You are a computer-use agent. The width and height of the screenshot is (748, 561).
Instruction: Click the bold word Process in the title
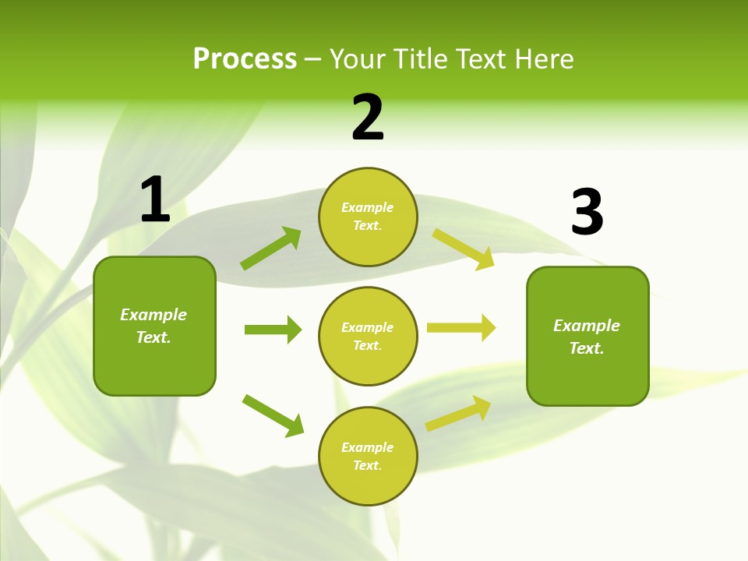[245, 59]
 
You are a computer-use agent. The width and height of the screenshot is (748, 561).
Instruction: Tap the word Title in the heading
[420, 59]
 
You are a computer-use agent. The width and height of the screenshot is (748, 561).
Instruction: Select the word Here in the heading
[544, 59]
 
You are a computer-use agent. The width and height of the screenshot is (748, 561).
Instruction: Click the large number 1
[155, 199]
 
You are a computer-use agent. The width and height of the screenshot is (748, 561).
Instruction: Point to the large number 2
[368, 118]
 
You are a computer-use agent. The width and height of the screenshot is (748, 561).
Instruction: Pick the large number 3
[587, 212]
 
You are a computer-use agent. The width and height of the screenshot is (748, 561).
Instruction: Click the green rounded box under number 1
[154, 326]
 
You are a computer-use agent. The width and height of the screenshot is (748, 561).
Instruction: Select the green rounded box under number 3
[587, 336]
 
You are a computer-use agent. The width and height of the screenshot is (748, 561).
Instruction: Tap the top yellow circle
[368, 217]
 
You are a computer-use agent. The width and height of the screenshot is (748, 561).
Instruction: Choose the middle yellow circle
[368, 336]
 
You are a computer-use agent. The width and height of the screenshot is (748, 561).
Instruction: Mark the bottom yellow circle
[368, 456]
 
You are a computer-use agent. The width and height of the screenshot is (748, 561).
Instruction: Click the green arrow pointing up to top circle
[271, 249]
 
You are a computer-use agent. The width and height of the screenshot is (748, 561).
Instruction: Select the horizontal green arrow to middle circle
[273, 330]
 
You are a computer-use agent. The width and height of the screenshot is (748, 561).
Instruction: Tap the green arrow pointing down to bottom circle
[273, 415]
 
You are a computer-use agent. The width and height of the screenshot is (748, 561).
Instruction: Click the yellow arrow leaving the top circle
[464, 249]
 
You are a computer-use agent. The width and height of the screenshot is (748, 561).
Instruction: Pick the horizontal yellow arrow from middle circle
[461, 328]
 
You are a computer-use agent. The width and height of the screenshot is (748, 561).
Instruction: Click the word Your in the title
[357, 59]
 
